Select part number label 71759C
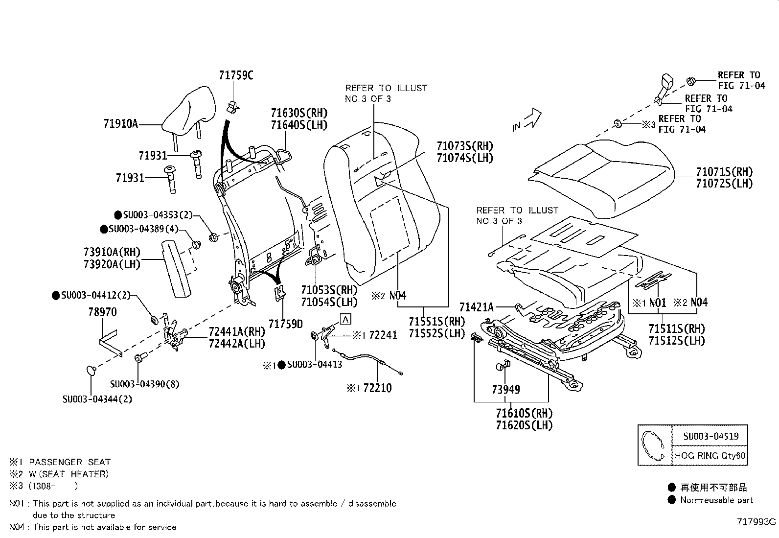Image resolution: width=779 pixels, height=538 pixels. point(236,75)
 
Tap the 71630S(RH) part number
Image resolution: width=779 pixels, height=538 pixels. point(299,113)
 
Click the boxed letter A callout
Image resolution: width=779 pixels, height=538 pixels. point(345,320)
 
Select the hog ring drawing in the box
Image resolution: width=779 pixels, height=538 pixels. point(653,445)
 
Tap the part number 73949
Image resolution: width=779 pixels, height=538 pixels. point(506,390)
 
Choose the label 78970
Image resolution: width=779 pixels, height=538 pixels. point(102,312)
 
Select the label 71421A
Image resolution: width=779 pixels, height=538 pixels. point(476,307)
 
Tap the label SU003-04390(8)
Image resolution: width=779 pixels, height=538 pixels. point(144,384)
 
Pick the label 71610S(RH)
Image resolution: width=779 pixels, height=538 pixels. point(524,413)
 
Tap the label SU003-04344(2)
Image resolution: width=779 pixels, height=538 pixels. point(97,399)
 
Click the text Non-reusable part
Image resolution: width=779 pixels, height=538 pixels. point(716,500)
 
